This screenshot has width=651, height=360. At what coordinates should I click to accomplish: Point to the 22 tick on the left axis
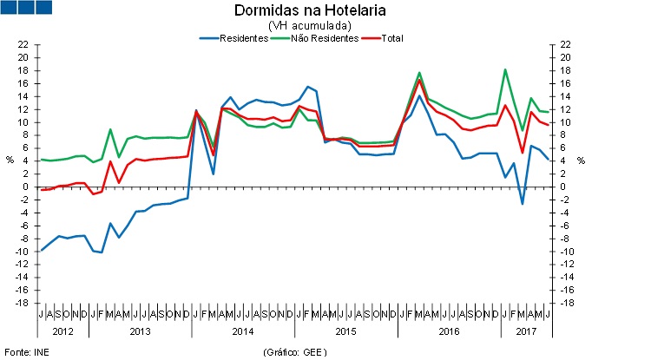[x=24, y=44]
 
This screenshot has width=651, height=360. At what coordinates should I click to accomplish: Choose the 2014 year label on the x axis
[x=243, y=331]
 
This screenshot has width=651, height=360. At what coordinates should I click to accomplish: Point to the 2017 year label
[x=526, y=331]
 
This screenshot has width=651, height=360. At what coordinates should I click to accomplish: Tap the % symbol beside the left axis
[x=10, y=160]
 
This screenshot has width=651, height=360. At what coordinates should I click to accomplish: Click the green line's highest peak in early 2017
[x=505, y=69]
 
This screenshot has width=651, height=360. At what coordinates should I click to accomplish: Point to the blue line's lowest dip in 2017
[x=523, y=204]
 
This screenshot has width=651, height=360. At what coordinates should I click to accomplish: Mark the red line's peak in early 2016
[x=420, y=81]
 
